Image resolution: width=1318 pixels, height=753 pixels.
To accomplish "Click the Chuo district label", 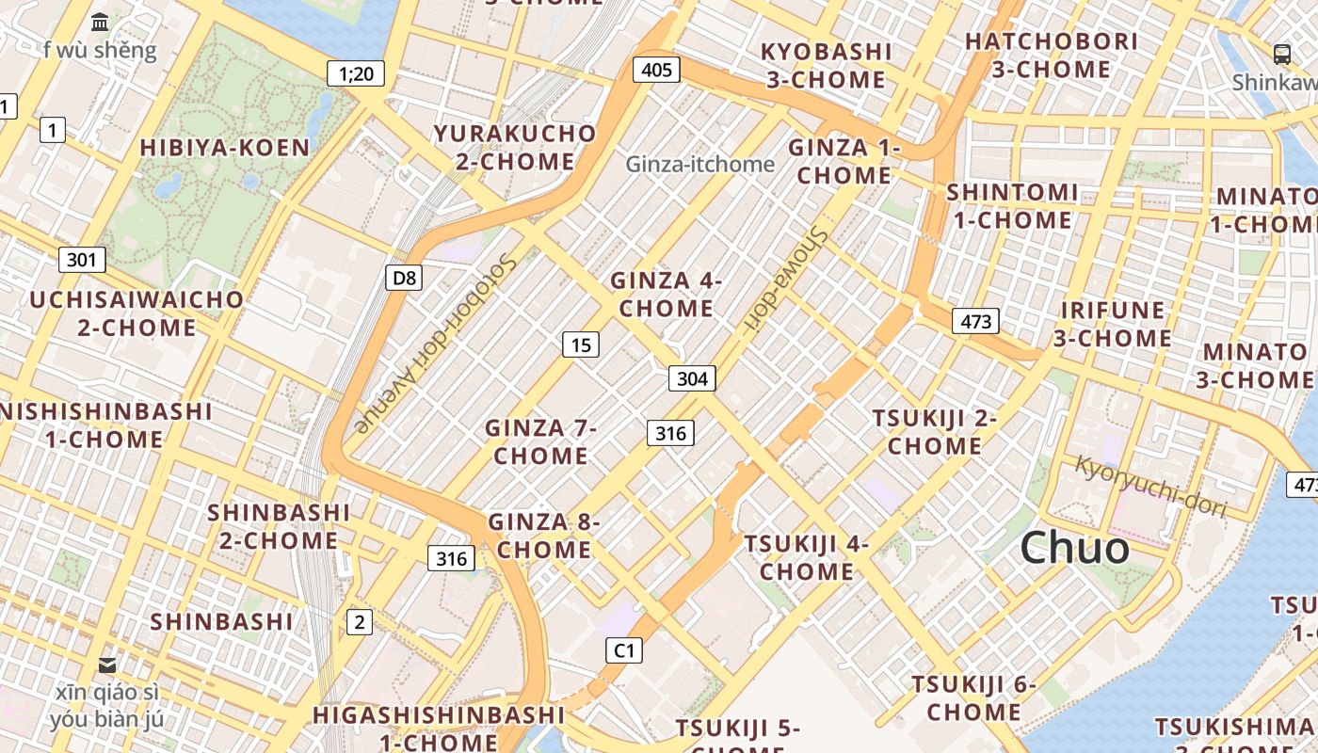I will [1074, 548].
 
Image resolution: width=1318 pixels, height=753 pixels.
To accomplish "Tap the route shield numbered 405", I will [656, 69].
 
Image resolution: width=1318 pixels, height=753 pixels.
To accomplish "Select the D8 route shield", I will [403, 278].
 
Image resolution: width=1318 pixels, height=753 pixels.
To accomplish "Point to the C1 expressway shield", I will [623, 650].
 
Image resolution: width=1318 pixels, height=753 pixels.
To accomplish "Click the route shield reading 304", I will [692, 378].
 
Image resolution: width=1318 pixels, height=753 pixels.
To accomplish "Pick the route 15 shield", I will [581, 344].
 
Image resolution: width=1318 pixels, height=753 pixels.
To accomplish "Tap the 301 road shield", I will [82, 259].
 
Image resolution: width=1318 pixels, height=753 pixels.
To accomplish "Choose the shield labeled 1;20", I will [356, 73].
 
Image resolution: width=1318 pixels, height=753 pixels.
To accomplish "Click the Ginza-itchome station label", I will [700, 165].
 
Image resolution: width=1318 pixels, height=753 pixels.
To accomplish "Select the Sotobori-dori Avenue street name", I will [435, 344].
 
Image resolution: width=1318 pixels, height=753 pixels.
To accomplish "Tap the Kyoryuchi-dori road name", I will [1151, 486].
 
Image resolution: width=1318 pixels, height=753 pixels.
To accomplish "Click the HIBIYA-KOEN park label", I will [224, 148].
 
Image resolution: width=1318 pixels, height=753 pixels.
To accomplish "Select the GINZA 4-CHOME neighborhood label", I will [666, 294].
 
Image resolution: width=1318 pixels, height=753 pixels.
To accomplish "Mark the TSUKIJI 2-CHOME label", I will [934, 431].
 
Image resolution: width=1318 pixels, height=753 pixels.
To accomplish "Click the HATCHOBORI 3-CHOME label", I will [1051, 56].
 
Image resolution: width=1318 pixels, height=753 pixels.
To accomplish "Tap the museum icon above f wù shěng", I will [100, 22].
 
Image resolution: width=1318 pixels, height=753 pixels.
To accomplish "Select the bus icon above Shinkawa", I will [1281, 54].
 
